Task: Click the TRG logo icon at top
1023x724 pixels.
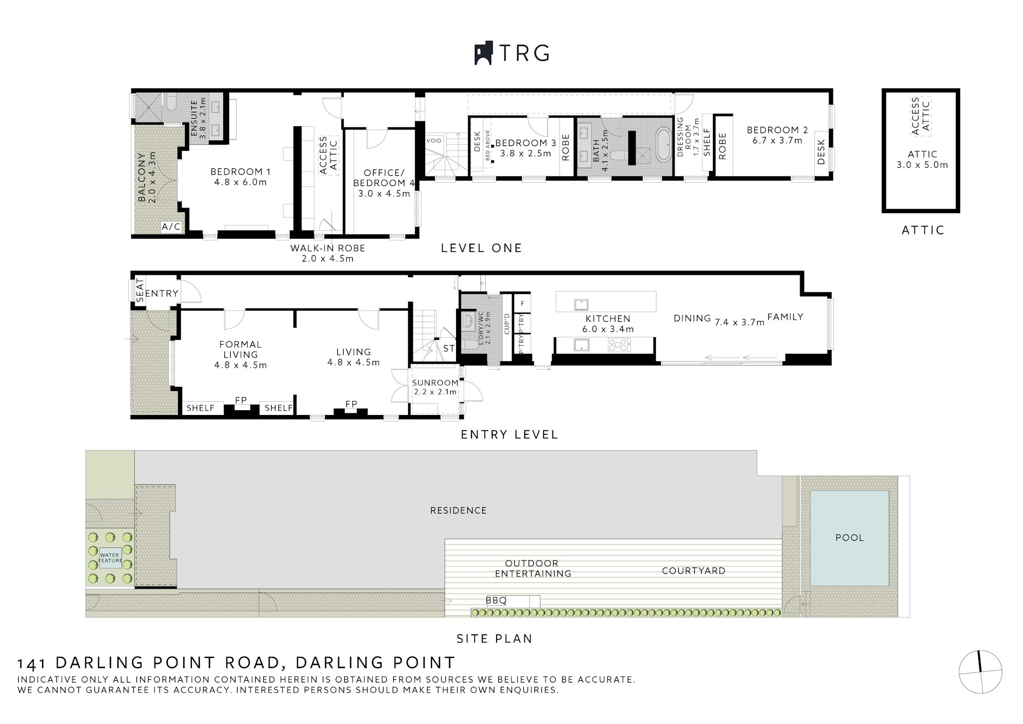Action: pos(484,53)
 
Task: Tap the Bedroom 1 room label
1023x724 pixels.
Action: pos(240,172)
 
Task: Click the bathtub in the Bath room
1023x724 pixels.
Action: pos(664,144)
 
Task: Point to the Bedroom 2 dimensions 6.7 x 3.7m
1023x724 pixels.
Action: pos(777,141)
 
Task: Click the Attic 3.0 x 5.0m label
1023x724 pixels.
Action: pos(922,160)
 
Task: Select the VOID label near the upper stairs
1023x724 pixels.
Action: pos(434,141)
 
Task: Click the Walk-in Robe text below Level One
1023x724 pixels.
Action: pos(328,248)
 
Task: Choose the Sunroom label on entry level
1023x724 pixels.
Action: pos(435,383)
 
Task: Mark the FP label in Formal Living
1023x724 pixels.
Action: pos(241,400)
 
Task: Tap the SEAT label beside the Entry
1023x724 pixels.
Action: pos(140,291)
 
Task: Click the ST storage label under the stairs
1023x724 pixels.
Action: pos(449,348)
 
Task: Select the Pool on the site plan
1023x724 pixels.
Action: pos(849,538)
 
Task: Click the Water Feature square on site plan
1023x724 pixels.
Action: pos(110,558)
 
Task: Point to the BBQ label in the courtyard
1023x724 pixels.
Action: pos(496,600)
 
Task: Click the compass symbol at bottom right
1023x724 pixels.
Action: pos(980,672)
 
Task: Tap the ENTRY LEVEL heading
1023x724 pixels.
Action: pos(509,435)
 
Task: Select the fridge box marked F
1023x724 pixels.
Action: pos(522,303)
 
